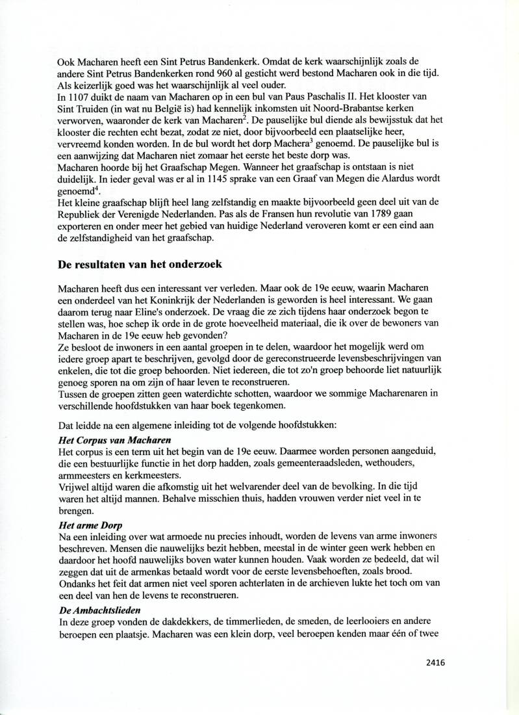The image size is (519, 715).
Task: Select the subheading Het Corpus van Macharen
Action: pyautogui.click(x=103, y=440)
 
